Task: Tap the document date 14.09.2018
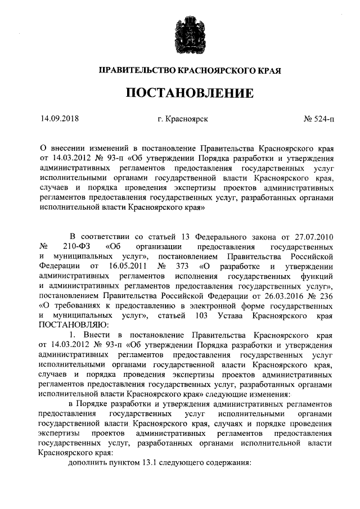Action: point(60,119)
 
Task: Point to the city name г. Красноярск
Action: point(184,119)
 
